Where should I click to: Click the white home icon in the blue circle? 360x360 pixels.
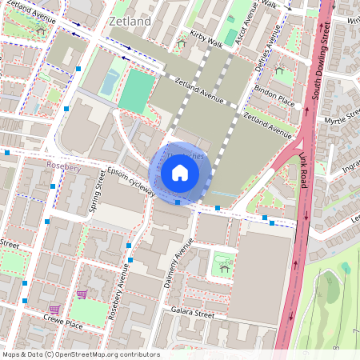(180, 173)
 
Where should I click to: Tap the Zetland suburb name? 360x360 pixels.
(130, 22)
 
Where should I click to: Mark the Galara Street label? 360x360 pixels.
(193, 316)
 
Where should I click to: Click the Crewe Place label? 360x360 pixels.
(64, 324)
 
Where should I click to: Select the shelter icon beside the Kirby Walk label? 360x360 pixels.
(181, 43)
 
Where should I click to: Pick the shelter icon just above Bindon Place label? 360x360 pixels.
(279, 71)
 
